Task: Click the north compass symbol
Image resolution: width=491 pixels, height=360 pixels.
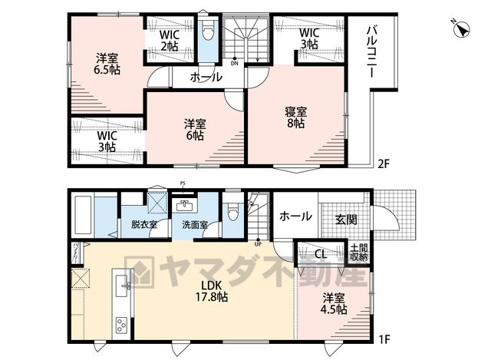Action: click(461, 29)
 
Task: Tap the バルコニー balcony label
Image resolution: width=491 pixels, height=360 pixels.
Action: click(372, 52)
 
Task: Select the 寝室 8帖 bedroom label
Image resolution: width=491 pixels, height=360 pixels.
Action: click(295, 117)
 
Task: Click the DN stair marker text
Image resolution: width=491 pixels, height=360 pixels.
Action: click(235, 64)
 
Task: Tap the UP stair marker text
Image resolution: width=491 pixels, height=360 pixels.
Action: click(258, 244)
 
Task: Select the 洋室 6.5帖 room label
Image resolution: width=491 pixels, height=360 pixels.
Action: click(107, 64)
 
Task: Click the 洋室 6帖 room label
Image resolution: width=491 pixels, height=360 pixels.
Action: click(195, 130)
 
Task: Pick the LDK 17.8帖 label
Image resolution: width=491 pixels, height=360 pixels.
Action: click(212, 291)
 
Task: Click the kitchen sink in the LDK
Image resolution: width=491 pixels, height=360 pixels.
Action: click(122, 286)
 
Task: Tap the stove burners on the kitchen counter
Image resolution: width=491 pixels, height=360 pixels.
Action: click(121, 325)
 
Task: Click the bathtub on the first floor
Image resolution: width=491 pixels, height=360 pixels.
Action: click(82, 215)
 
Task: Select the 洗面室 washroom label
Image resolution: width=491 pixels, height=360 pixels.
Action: click(195, 225)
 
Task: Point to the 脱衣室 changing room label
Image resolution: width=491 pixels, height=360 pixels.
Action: click(144, 224)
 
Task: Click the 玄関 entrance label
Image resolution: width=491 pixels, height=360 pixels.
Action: click(346, 220)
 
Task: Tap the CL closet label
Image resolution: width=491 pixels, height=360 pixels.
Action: click(321, 254)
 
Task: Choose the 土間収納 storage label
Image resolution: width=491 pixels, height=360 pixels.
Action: click(359, 253)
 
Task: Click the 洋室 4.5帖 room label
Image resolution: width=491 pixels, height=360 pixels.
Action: click(334, 304)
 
